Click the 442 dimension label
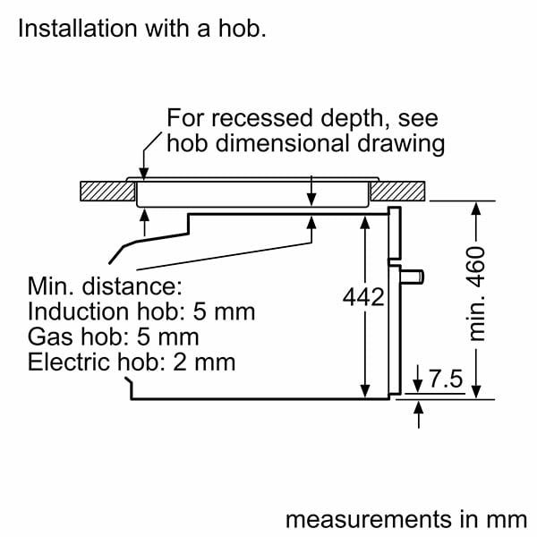click(x=363, y=297)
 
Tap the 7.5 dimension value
click(x=444, y=379)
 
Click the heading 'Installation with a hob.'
click(x=142, y=29)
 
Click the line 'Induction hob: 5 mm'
click(x=141, y=312)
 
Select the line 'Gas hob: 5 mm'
click(x=113, y=337)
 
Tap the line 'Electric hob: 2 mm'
click(x=131, y=362)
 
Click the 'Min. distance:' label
click(x=105, y=287)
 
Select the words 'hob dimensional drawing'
click(x=305, y=143)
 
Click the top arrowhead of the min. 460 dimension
click(x=477, y=208)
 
